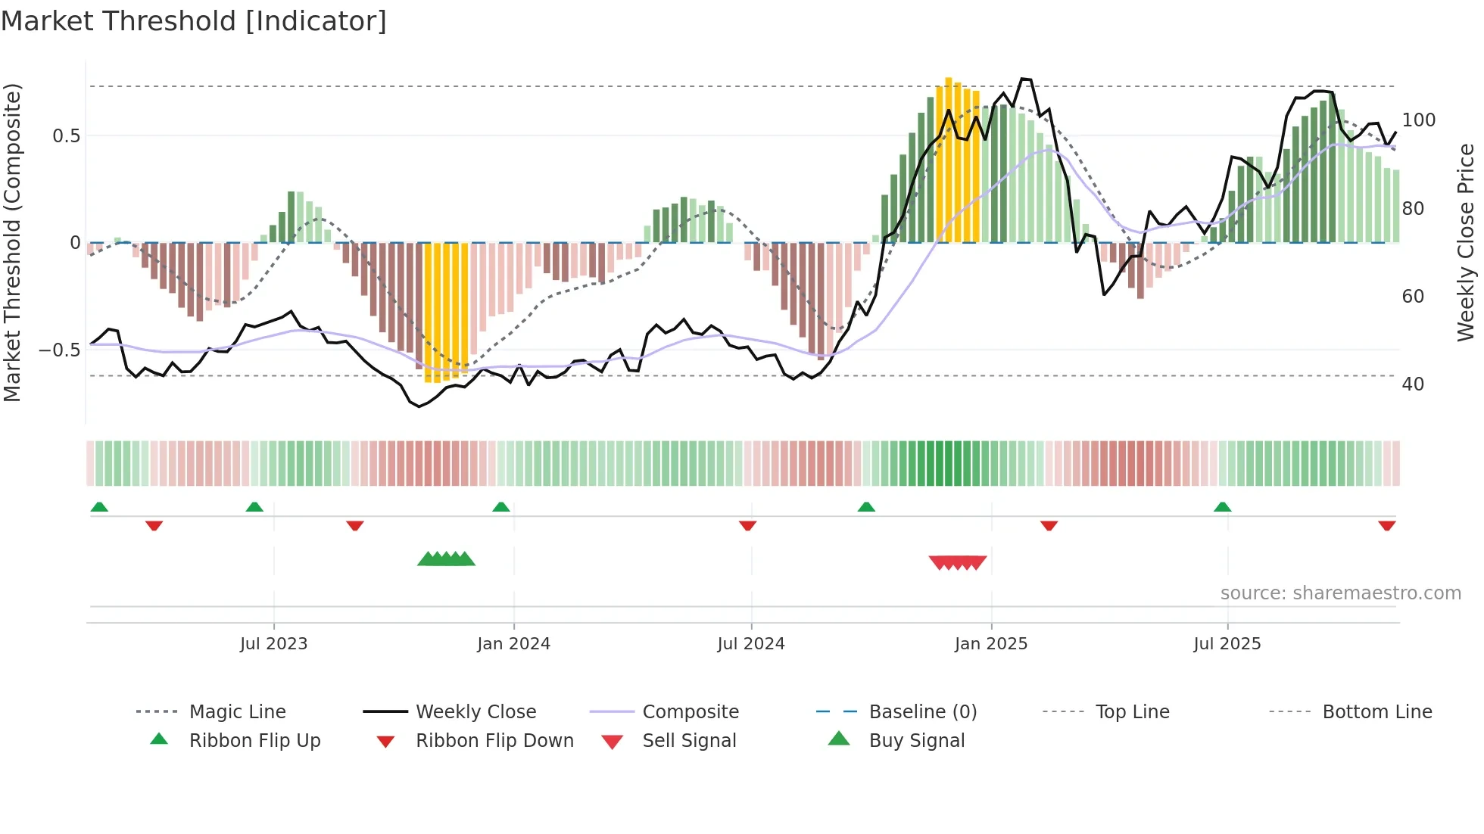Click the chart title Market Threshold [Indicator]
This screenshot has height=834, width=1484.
point(194,21)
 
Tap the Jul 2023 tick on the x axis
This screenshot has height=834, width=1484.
point(273,643)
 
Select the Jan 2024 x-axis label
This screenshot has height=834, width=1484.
point(513,643)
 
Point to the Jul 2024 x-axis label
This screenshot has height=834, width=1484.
point(750,643)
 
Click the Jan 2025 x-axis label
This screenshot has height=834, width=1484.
point(990,643)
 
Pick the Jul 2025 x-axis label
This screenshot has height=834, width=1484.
point(1227,643)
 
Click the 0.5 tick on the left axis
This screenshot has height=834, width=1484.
point(66,136)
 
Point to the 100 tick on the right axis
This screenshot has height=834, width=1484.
point(1418,120)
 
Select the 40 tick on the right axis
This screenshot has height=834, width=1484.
point(1413,384)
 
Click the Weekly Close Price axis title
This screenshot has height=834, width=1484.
point(1466,242)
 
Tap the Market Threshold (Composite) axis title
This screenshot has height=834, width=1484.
point(12,242)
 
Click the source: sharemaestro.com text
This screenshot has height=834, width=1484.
point(1340,593)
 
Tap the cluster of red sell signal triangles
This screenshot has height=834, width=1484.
point(957,562)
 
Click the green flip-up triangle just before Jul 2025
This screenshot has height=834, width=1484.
point(1222,507)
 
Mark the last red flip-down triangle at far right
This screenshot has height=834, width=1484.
point(1386,525)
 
